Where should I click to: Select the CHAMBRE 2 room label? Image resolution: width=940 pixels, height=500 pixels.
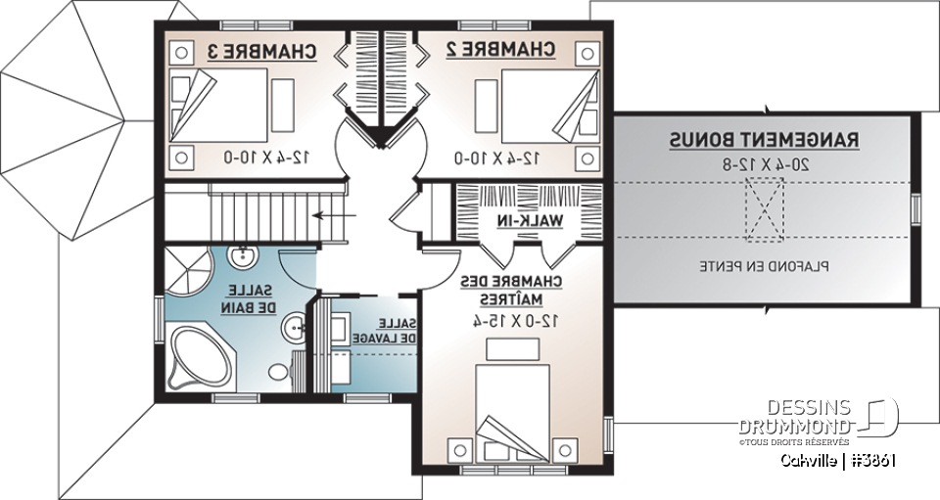click(x=501, y=49)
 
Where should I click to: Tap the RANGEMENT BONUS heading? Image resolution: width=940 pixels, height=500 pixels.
click(x=764, y=141)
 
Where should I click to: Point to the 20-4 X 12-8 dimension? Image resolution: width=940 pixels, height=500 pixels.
click(x=764, y=164)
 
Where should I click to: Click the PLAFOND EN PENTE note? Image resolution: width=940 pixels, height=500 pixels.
click(x=764, y=265)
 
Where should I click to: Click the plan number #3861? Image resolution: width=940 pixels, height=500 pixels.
click(x=874, y=462)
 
